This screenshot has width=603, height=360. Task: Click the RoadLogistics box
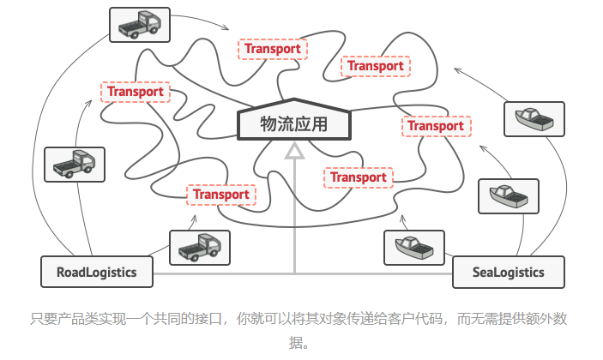tap(97, 273)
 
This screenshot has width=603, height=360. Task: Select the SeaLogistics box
tap(509, 273)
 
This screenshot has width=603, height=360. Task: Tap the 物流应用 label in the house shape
tap(294, 124)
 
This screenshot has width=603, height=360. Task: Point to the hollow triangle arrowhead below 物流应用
tap(294, 150)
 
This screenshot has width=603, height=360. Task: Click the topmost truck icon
tap(140, 25)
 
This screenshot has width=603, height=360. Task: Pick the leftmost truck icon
tap(74, 164)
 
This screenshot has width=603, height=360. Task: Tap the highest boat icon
tap(534, 119)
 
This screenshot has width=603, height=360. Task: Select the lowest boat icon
tap(413, 248)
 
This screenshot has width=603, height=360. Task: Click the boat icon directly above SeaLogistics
tap(508, 196)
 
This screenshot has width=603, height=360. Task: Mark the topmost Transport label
tap(273, 49)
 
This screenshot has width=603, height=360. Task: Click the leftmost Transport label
tap(136, 92)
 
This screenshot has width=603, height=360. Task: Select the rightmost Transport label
tap(435, 126)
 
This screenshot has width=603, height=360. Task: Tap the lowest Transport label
tap(221, 195)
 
